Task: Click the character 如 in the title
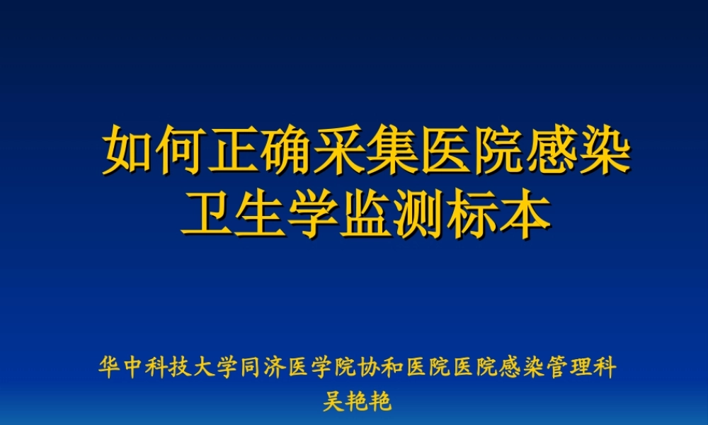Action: point(130,150)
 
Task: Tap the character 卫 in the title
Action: point(207,212)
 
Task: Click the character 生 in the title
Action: point(260,212)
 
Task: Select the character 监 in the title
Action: point(367,212)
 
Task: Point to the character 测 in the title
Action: point(420,212)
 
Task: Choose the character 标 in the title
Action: point(472,212)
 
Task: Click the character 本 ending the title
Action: point(525,212)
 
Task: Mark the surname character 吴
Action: point(333,402)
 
